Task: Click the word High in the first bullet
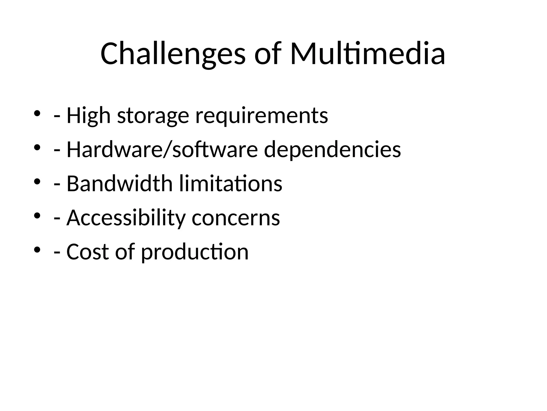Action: tap(88, 116)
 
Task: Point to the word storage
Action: tap(153, 116)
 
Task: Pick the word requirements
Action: tap(261, 116)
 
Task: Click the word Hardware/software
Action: tap(162, 149)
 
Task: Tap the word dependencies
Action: tap(332, 149)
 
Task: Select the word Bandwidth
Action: tap(120, 184)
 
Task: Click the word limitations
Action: tap(230, 184)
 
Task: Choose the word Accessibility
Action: tap(126, 218)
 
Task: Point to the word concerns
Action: tap(236, 218)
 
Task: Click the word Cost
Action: tap(88, 252)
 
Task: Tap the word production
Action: tap(195, 252)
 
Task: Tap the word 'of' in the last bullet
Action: tap(125, 252)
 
